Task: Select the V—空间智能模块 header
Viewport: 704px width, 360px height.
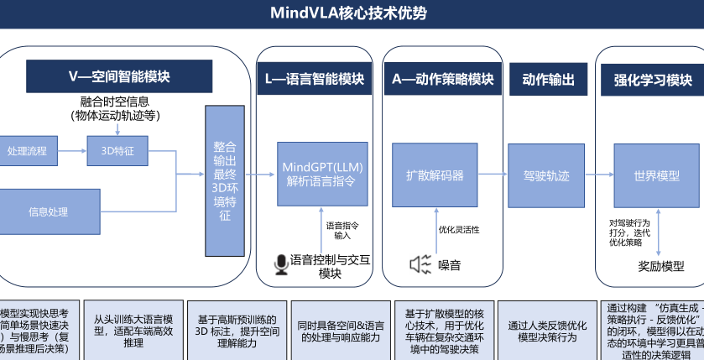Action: (x=119, y=76)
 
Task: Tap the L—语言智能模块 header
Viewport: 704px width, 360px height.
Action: (x=314, y=80)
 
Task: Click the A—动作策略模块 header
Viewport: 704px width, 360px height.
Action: (x=442, y=80)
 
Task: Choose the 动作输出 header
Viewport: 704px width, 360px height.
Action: (x=548, y=80)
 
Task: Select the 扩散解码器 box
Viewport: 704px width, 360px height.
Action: (x=434, y=175)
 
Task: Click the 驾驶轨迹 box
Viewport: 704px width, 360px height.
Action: (x=546, y=175)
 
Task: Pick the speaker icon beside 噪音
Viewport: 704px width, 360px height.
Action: (x=420, y=264)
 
